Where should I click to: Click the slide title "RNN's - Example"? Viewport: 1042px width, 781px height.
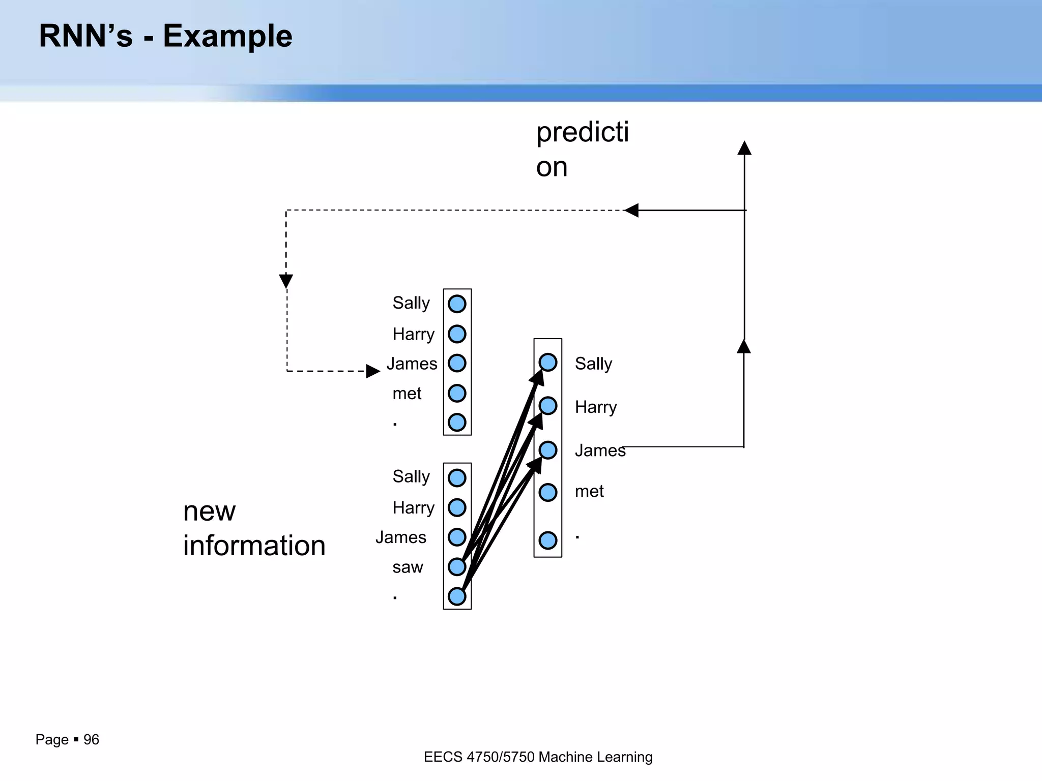point(165,37)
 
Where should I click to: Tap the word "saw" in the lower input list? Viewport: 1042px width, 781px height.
point(408,567)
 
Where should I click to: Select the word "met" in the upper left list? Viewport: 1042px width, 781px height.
point(407,394)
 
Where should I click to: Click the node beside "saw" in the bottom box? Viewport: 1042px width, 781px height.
point(457,566)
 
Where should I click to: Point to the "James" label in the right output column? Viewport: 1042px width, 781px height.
point(600,450)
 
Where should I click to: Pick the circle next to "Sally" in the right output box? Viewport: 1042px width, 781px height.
point(548,363)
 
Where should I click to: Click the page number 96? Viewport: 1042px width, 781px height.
point(91,739)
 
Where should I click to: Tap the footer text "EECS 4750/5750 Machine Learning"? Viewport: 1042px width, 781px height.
point(538,757)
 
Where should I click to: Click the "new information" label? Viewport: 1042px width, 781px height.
point(254,528)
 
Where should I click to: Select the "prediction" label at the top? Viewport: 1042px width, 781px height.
point(582,149)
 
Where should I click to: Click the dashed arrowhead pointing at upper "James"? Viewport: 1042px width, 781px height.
point(373,371)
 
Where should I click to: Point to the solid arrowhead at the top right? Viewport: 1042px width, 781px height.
point(744,148)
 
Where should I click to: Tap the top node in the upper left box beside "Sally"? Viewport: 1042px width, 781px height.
point(457,304)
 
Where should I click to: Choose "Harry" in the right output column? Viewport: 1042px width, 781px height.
point(595,407)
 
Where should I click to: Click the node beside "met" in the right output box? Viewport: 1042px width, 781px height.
point(548,492)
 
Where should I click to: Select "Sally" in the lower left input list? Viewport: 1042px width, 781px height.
point(411,477)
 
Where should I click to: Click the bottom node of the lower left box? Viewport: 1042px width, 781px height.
point(457,596)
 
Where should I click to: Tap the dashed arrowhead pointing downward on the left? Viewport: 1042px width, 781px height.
point(286,281)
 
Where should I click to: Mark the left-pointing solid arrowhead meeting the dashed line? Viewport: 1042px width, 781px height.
point(631,210)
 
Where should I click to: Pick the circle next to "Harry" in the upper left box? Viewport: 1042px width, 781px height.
point(457,334)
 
